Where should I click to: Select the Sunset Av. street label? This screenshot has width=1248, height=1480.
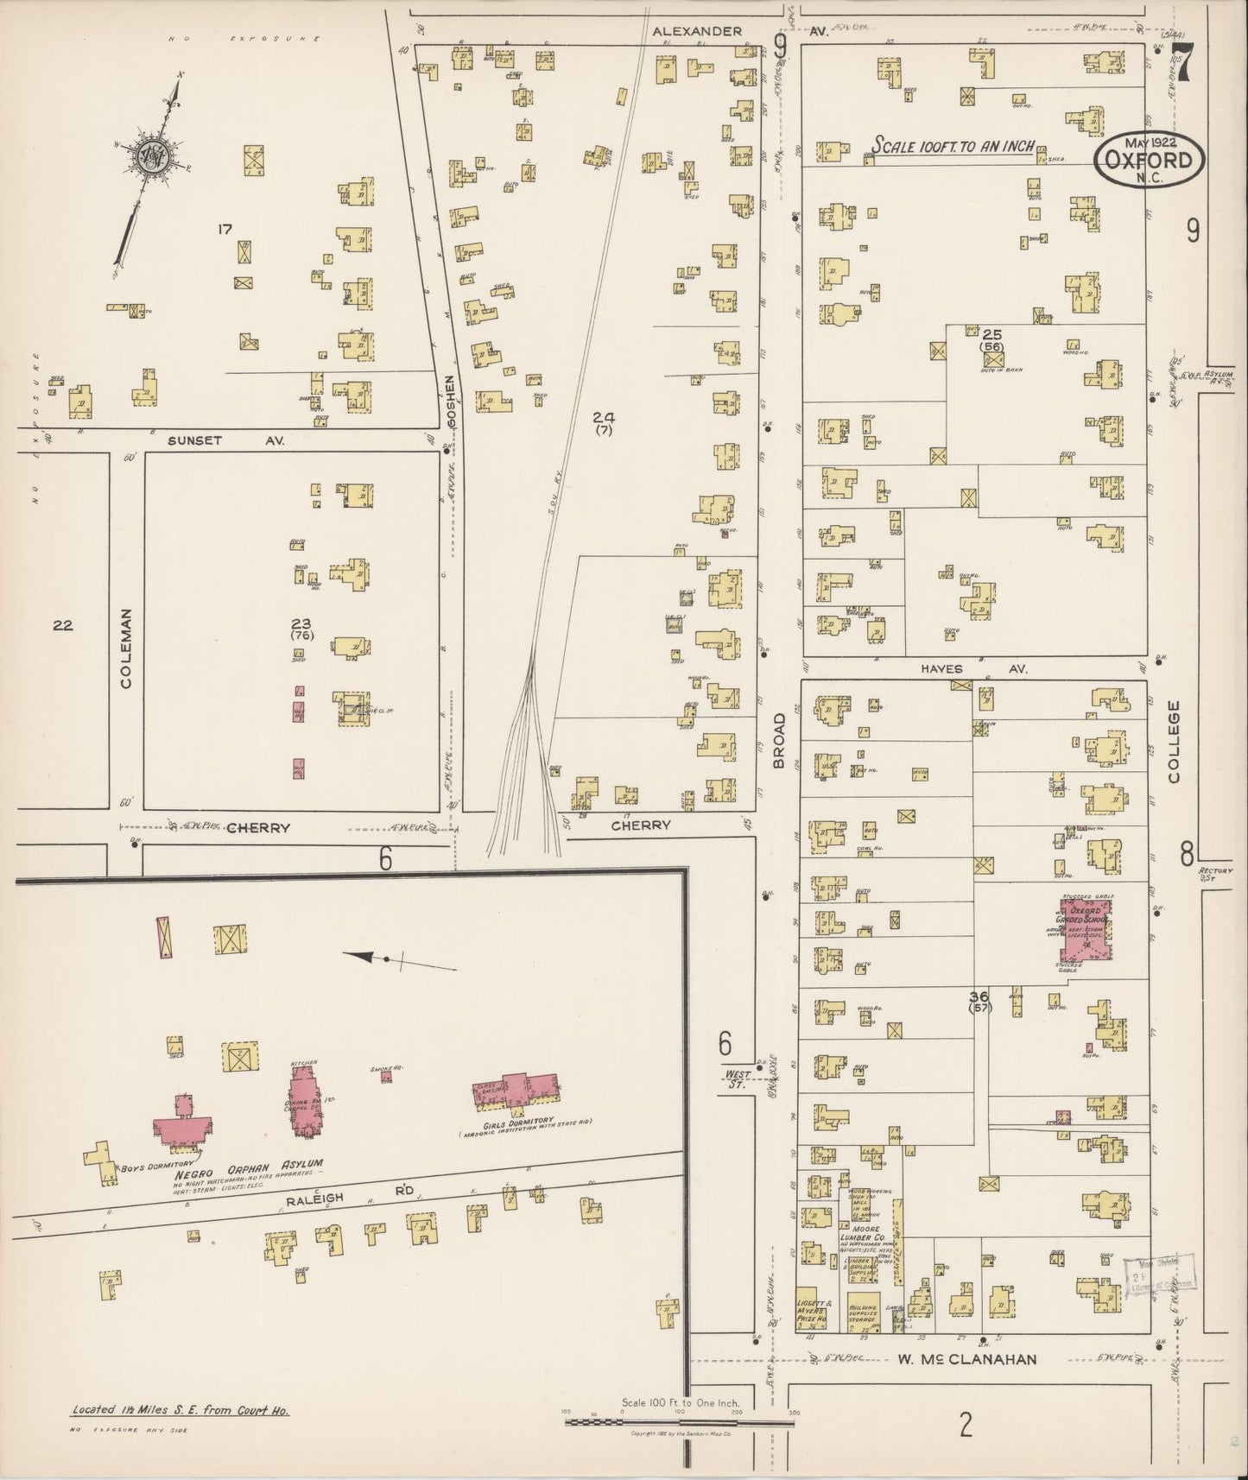pos(195,440)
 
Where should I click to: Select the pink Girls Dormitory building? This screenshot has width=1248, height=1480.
pos(515,1091)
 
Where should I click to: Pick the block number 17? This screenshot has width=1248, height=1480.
pos(225,229)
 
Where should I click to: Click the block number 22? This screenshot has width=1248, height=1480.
pos(61,625)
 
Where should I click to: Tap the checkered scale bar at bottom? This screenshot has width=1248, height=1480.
pos(678,1420)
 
